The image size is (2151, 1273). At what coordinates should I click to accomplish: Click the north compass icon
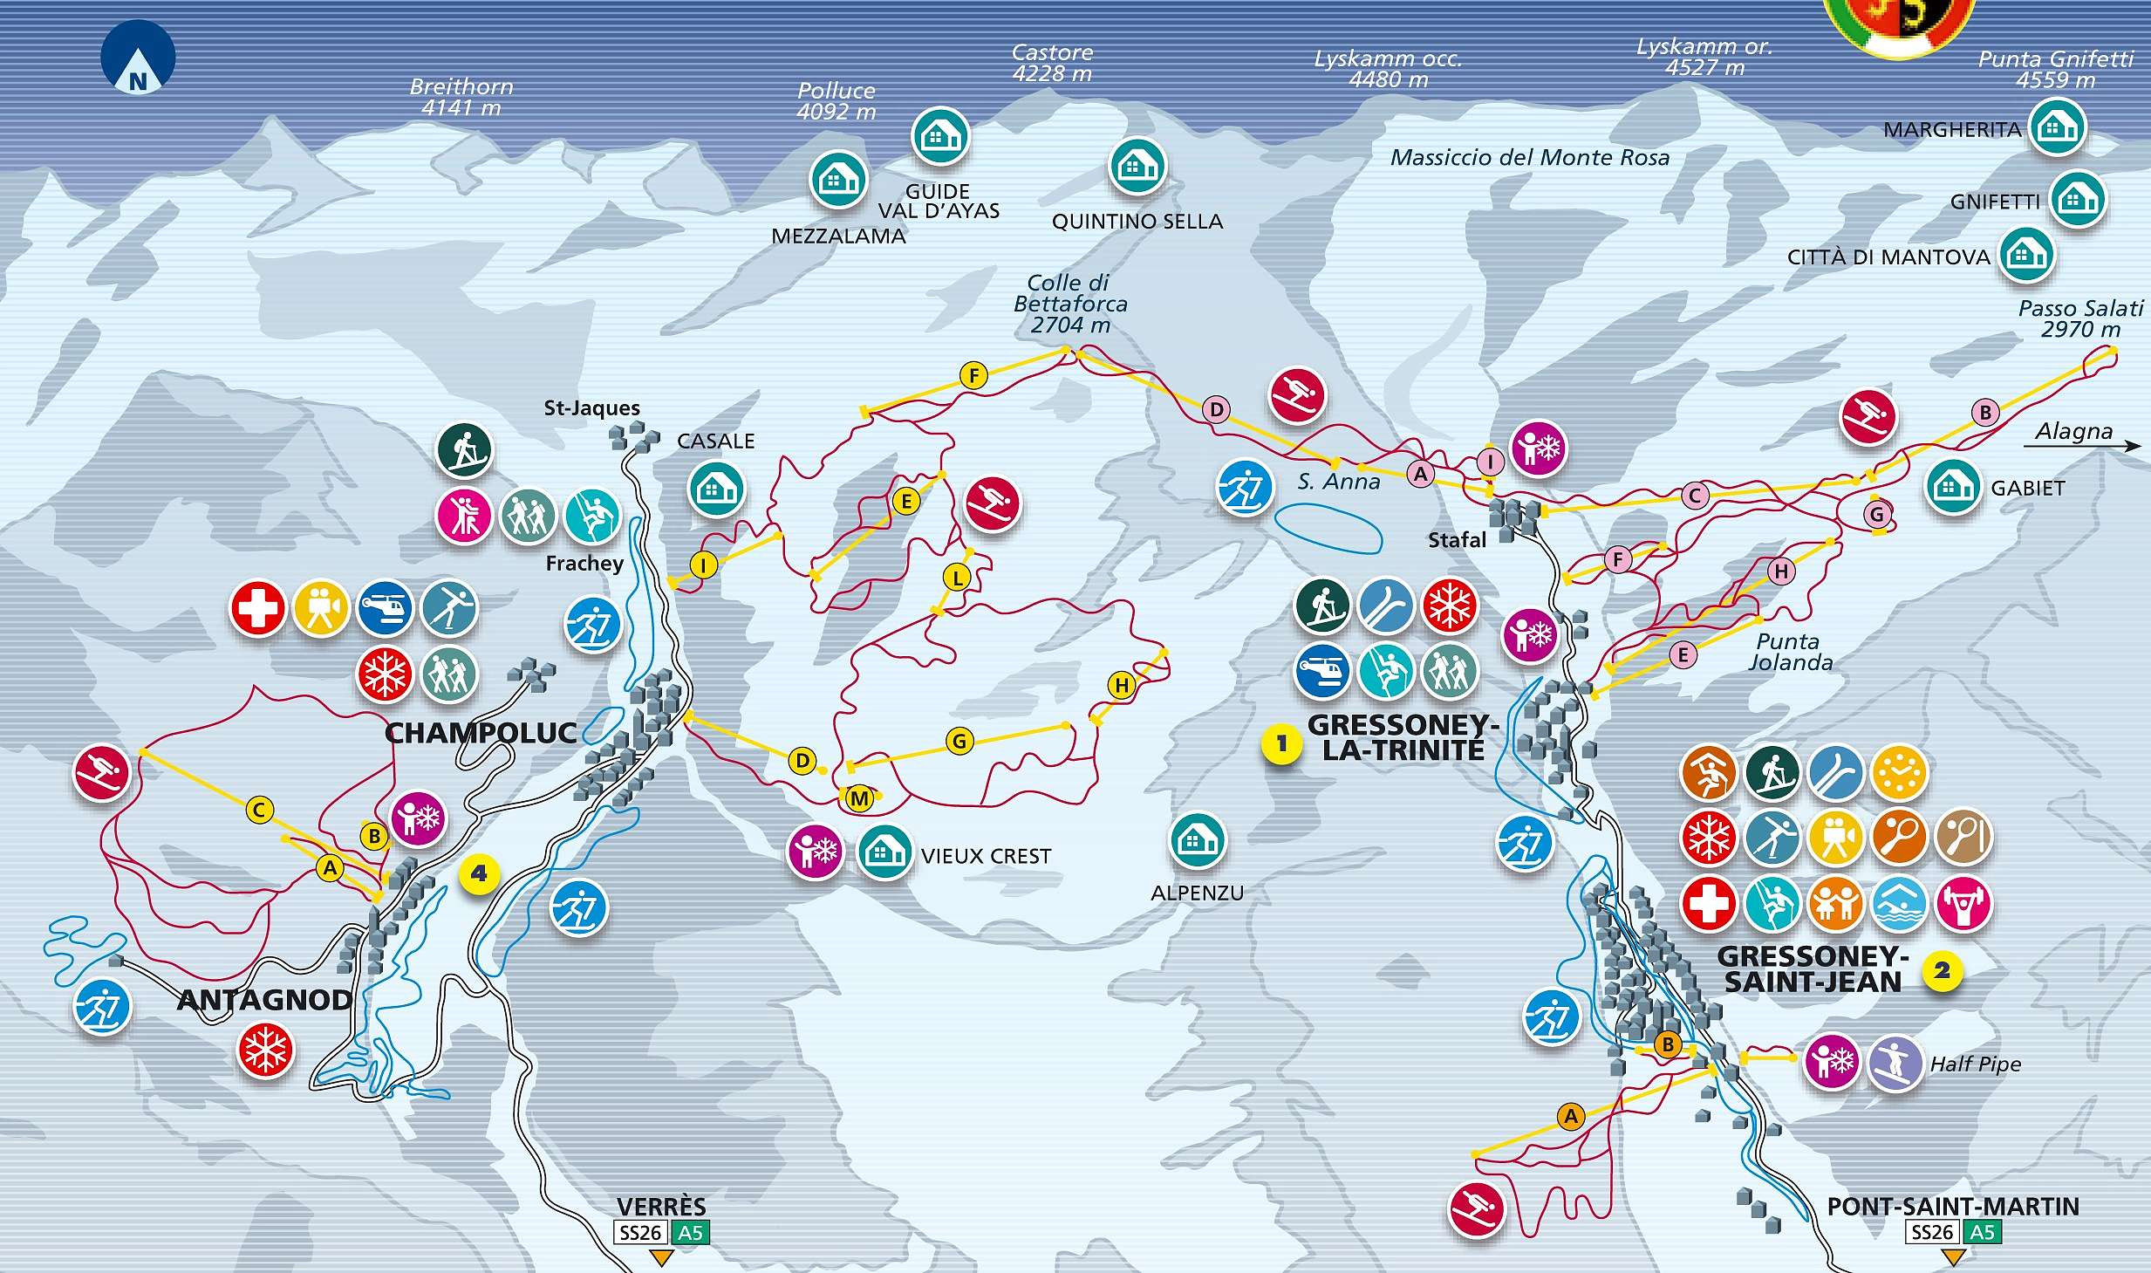138,58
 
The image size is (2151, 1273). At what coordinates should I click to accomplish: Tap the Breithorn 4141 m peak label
461,98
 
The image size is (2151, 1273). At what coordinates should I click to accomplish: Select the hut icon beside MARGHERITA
2057,128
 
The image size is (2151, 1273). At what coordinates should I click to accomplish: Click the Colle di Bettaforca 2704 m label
1069,304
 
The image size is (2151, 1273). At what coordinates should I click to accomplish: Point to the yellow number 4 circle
479,873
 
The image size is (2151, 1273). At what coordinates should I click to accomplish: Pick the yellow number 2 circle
1941,970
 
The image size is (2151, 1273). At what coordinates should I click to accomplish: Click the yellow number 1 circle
1280,744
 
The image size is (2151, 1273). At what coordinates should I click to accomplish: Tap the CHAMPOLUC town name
481,733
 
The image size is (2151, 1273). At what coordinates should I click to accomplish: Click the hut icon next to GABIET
1953,487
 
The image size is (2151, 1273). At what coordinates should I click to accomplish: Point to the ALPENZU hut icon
1197,841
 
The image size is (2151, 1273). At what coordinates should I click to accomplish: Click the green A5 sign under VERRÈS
690,1232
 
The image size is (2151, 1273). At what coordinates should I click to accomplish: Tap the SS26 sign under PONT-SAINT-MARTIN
1932,1232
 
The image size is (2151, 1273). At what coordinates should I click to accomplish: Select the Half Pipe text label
1975,1064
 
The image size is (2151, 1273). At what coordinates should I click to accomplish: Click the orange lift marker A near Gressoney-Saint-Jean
1570,1116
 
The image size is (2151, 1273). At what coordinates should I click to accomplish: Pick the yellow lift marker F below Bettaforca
973,376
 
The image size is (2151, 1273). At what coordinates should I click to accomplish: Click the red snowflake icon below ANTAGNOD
265,1051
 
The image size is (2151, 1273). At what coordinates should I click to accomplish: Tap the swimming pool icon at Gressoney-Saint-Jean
1899,902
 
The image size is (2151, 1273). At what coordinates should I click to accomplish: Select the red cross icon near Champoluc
257,608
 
